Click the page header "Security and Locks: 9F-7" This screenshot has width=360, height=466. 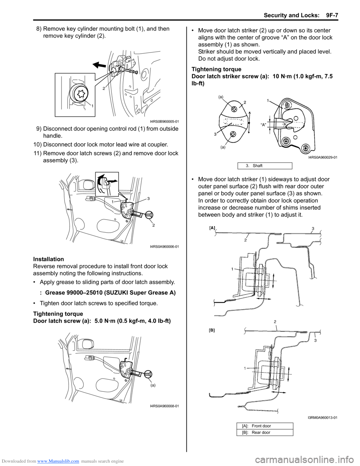coord(300,15)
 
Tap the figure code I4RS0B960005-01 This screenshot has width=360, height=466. coord(164,121)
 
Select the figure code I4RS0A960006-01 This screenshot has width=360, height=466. coord(164,247)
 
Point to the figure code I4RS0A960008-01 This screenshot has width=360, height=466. coord(164,406)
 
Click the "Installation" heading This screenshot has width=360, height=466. coord(48,259)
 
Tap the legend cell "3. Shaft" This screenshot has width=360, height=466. coord(264,165)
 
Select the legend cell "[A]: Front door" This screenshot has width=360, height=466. coord(265,426)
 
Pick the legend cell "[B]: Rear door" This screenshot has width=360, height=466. coord(265,432)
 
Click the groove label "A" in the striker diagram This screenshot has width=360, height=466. coord(263,125)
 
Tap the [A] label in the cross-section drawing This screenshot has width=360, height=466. coord(213,228)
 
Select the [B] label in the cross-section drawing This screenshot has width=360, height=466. coord(212,330)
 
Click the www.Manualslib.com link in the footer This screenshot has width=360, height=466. coord(58,461)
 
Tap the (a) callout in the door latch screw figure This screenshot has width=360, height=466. coord(153,385)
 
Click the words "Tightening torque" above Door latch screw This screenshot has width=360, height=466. coord(58,314)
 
